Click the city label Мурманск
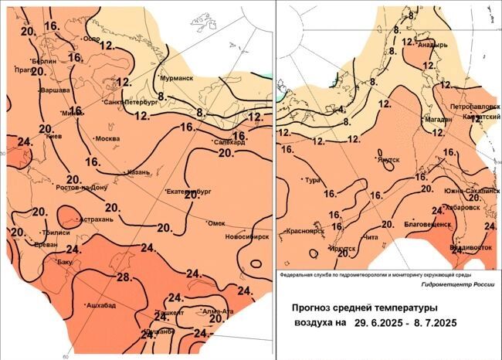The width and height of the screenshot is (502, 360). [x=177, y=79]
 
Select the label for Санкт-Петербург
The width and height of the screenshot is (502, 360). [x=131, y=101]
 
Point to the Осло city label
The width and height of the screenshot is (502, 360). [x=92, y=39]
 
